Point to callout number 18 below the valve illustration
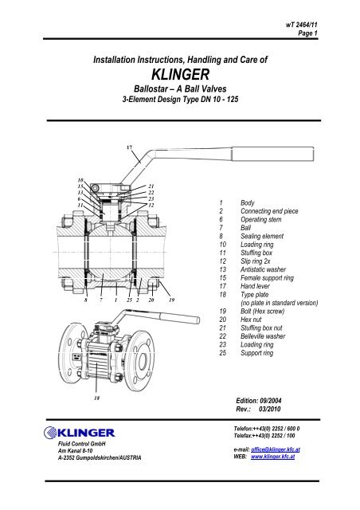97,396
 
